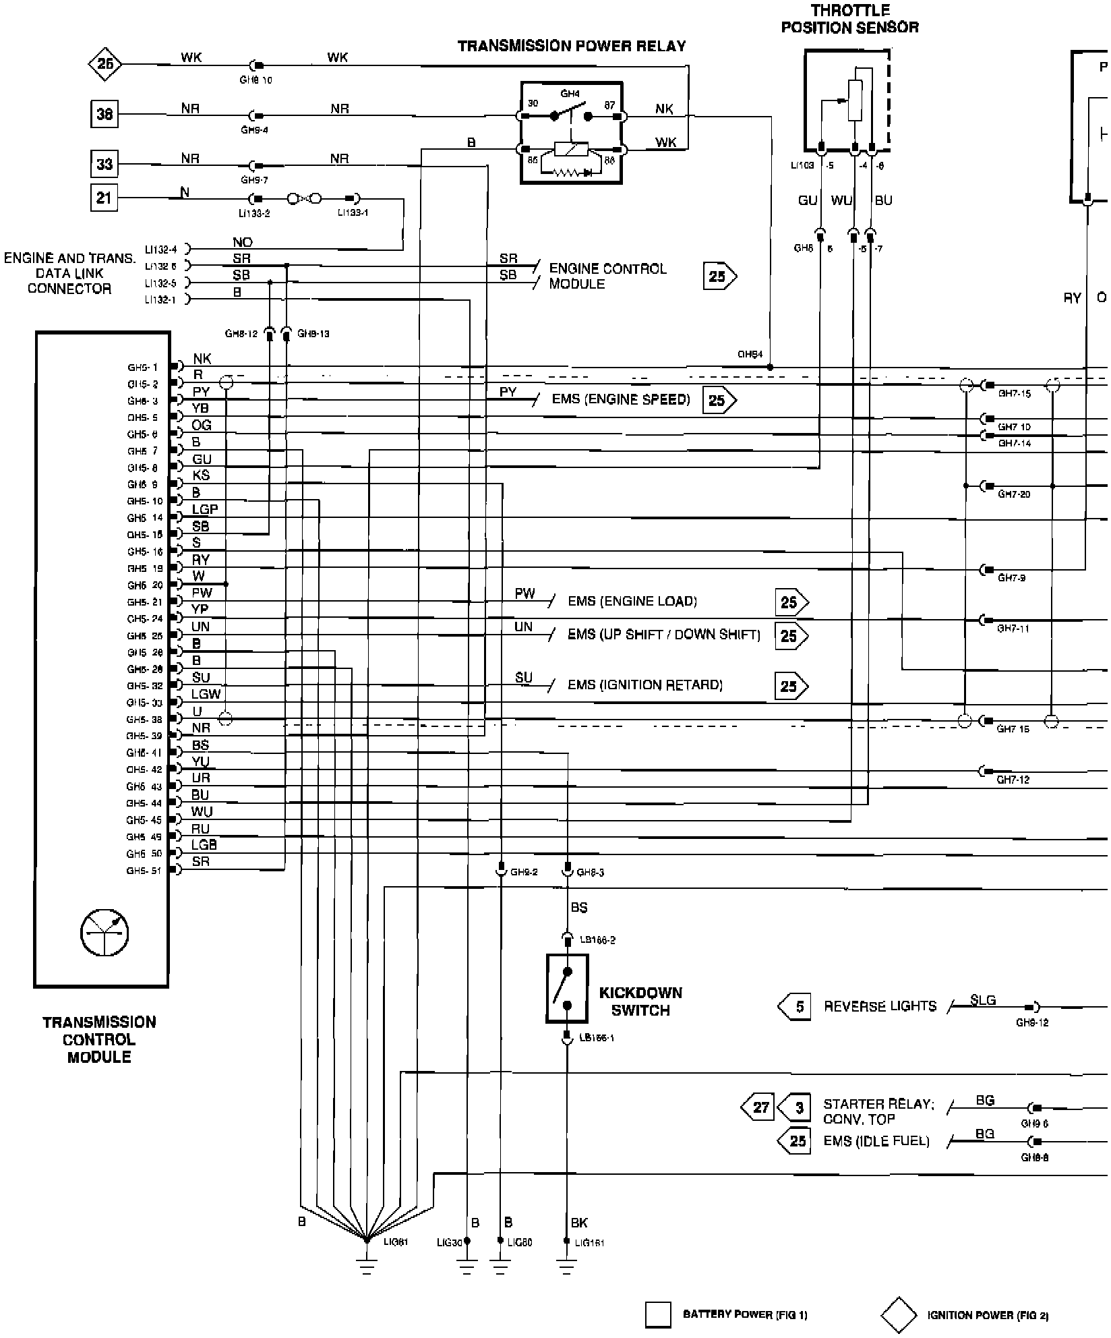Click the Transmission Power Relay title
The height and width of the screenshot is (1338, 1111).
572,46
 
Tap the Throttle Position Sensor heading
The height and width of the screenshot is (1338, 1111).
849,19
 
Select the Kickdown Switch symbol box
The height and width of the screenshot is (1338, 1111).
567,988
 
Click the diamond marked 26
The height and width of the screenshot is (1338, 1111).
105,64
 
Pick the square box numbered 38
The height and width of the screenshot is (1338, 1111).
104,113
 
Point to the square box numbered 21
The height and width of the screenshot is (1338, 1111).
104,198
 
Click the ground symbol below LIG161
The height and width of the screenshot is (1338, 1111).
566,1268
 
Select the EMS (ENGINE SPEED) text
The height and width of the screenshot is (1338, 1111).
621,399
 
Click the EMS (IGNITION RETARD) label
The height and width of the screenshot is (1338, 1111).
644,685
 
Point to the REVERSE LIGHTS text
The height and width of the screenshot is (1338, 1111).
880,1006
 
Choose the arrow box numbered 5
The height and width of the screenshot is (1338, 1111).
795,1007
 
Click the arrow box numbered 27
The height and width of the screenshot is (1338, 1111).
758,1107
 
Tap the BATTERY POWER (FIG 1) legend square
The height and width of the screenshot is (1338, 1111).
658,1314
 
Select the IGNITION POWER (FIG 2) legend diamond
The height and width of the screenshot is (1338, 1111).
899,1314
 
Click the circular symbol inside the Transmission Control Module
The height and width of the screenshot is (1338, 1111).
104,933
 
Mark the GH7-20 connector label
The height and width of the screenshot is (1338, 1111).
1014,494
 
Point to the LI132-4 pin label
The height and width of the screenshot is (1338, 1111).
160,250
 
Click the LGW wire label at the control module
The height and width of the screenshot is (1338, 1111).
206,694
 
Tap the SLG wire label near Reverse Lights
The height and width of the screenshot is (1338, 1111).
983,1000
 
